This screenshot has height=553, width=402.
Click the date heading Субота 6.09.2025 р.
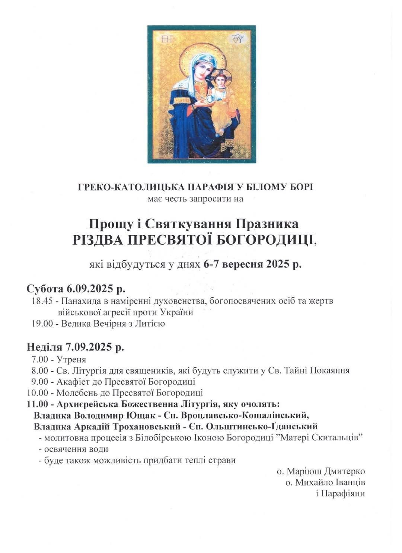76,289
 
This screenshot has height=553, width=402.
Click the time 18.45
41,301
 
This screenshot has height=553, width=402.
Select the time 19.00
41,324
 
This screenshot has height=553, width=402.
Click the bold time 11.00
37,404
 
